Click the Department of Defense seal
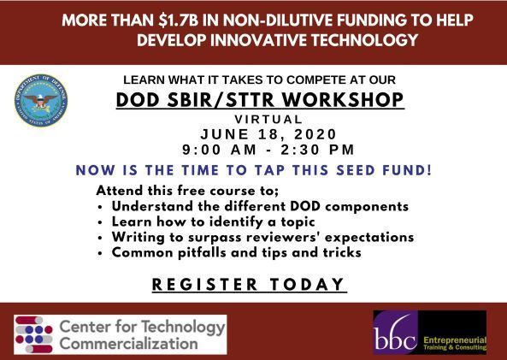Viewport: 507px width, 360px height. tap(40, 100)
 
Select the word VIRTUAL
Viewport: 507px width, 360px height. tap(268, 120)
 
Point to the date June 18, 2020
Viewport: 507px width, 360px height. tap(268, 134)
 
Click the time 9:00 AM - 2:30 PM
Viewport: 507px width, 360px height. tap(268, 150)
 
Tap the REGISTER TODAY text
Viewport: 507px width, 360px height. tap(249, 285)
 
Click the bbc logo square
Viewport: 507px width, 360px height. tap(397, 333)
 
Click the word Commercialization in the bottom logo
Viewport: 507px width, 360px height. tap(129, 343)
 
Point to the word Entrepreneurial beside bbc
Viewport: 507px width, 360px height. tap(454, 339)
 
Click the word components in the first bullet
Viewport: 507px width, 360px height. tap(365, 207)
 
